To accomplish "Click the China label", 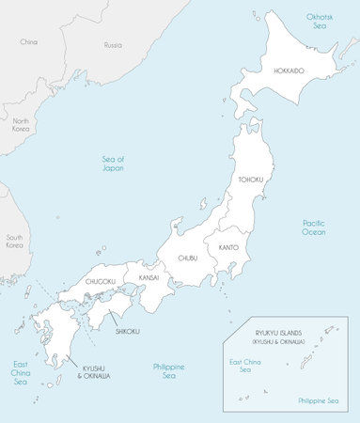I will [x=28, y=42].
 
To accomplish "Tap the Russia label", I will [x=113, y=44].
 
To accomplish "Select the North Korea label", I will [x=21, y=127].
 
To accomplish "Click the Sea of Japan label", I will [x=115, y=164].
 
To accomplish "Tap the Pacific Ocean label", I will [x=314, y=227].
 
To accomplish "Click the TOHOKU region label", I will [x=250, y=180].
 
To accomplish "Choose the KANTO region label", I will [x=228, y=247].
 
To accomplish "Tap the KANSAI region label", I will [x=149, y=278].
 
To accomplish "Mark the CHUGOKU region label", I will [x=101, y=281].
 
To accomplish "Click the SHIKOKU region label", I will [x=128, y=331].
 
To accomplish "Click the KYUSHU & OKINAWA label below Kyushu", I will [x=93, y=371].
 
